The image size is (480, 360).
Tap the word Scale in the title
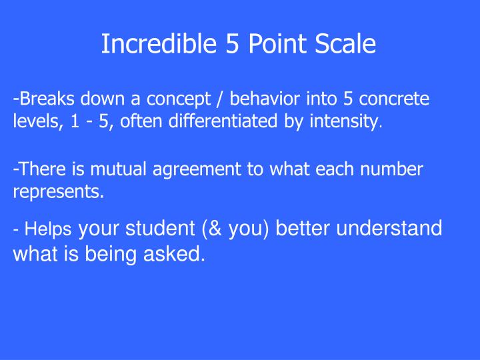tap(345, 45)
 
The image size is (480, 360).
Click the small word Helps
tap(48, 229)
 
